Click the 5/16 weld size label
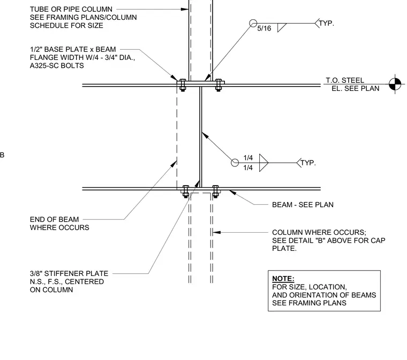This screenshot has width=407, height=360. [264, 28]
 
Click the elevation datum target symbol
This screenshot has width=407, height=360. [395, 84]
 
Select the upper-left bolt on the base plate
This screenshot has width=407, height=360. [183, 85]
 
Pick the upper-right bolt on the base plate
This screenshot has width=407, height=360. [218, 85]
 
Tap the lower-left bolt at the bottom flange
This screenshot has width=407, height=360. [186, 192]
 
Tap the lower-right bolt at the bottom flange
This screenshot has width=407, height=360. [215, 192]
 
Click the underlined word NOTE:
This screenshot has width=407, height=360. [283, 279]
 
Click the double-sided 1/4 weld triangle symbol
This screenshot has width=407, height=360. [263, 163]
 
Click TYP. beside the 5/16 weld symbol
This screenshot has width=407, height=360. [326, 24]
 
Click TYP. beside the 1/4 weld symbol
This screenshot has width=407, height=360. [308, 163]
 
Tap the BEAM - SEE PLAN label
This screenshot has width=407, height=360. [303, 205]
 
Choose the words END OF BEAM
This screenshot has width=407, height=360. [54, 219]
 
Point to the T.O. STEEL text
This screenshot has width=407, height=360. [345, 80]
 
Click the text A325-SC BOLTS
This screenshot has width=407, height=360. [57, 66]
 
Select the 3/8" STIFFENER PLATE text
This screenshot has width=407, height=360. [69, 273]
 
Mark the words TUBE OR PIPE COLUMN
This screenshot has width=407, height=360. [71, 9]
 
